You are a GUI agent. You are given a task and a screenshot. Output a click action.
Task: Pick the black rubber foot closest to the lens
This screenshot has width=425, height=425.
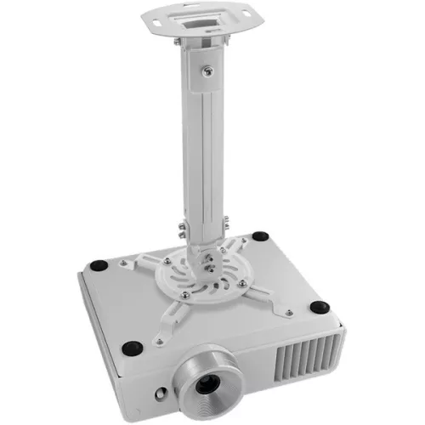tap(133, 347)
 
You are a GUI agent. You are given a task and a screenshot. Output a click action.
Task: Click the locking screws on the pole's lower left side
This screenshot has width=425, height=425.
tap(180, 229)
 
